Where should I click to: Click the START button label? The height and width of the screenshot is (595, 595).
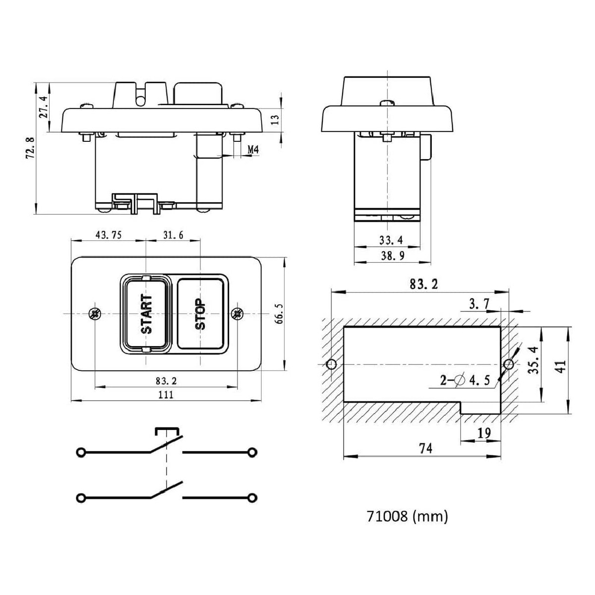(x=146, y=314)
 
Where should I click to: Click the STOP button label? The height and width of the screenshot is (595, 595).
(x=200, y=314)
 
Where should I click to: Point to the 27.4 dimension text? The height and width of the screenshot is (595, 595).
(x=44, y=107)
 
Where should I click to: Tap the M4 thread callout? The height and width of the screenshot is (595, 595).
(x=252, y=149)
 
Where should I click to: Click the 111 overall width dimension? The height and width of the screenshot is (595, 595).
(x=165, y=395)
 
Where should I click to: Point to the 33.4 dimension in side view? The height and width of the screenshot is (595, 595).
(x=391, y=240)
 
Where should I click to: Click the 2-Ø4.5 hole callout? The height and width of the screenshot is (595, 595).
(x=465, y=380)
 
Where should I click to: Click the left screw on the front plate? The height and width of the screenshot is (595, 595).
(x=94, y=313)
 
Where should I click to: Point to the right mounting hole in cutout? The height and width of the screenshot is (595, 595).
(x=508, y=365)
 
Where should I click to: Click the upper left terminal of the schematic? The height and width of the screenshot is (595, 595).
(x=80, y=452)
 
